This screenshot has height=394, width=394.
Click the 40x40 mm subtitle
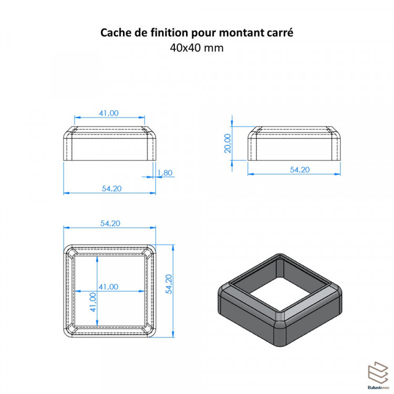click(x=197, y=48)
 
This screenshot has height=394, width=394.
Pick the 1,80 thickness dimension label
click(x=164, y=173)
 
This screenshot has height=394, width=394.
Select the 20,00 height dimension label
click(x=227, y=143)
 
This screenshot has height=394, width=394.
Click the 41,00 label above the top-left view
click(x=109, y=113)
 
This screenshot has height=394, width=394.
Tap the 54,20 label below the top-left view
click(x=111, y=189)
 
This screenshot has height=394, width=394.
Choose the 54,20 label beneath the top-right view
click(x=300, y=170)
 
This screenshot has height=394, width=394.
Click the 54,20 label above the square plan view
click(x=110, y=223)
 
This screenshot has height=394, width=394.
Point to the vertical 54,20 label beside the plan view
click(x=169, y=284)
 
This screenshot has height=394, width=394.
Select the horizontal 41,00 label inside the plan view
click(x=108, y=287)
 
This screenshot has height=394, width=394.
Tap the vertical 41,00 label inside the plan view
click(x=93, y=302)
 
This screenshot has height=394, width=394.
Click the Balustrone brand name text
click(x=378, y=388)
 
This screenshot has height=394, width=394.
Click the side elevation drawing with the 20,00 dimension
click(x=294, y=143)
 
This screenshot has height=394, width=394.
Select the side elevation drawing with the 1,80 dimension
click(x=110, y=143)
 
